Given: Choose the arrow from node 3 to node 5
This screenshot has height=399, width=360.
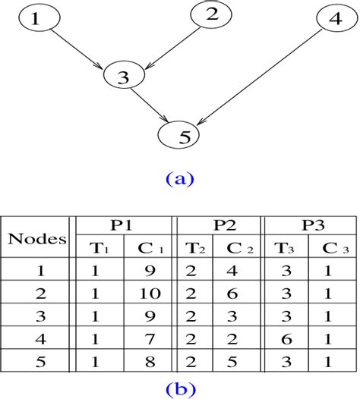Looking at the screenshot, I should point(151,105).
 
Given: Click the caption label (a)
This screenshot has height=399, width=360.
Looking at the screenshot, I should point(180,179).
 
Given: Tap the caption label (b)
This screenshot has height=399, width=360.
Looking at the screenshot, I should point(180,390).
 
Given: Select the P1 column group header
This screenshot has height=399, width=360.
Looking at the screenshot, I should point(122,225).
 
